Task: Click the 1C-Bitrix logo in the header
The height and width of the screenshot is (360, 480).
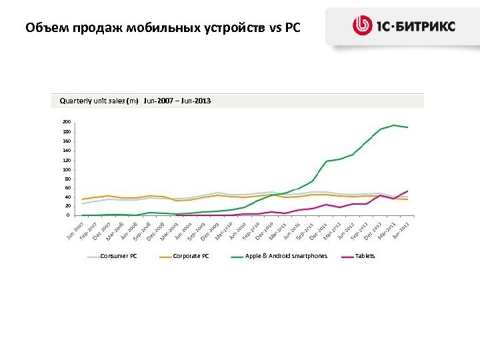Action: pyautogui.click(x=404, y=26)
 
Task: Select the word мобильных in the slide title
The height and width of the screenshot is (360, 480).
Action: pyautogui.click(x=153, y=28)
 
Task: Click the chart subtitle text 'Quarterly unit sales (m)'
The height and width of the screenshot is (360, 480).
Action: pyautogui.click(x=99, y=101)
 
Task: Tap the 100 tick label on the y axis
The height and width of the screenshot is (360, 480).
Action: pyautogui.click(x=66, y=169)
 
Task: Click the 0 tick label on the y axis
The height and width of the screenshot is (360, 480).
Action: pyautogui.click(x=67, y=215)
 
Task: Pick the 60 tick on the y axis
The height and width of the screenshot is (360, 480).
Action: pyautogui.click(x=67, y=187)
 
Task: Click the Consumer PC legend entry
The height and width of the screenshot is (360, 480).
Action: pyautogui.click(x=118, y=256)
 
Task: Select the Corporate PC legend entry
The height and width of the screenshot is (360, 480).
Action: pyautogui.click(x=191, y=256)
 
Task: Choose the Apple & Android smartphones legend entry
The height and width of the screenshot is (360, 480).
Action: pyautogui.click(x=286, y=256)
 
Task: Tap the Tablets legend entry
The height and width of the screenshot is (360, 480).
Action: pyautogui.click(x=365, y=256)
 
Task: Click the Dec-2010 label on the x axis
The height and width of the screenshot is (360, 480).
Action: pyautogui.click(x=265, y=230)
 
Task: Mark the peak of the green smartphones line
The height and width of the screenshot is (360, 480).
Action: pyautogui.click(x=394, y=125)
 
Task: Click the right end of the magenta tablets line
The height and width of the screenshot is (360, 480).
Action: pyautogui.click(x=407, y=191)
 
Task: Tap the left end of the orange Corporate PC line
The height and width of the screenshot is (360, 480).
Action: pyautogui.click(x=82, y=199)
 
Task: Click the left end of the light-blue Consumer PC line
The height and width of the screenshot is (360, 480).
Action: pyautogui.click(x=82, y=204)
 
